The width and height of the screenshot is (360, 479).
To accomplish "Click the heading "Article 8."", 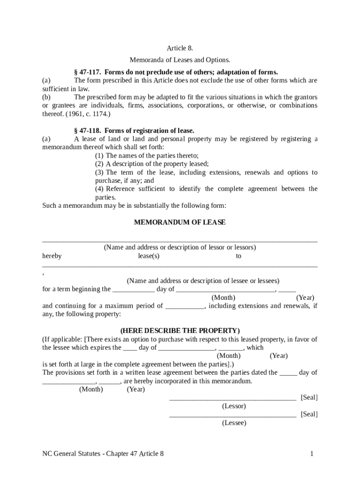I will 180,49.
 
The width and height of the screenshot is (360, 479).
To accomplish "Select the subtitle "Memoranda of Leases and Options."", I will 180,60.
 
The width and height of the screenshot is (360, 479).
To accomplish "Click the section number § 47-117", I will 87,72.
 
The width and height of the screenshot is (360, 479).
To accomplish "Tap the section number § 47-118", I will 87,131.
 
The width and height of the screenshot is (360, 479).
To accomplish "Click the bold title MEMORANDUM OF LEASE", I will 180,223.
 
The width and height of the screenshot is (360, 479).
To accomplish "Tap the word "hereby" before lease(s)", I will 52,256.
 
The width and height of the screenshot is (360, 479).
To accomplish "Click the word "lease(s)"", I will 149,256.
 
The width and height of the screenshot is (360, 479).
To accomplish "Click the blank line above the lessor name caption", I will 180,240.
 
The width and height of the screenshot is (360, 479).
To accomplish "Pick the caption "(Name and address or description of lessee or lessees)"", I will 203,281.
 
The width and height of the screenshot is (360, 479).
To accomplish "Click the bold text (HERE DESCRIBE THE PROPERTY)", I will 180,331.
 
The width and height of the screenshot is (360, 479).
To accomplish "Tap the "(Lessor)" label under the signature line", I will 234,406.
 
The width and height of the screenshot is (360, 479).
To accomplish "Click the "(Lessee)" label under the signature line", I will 234,423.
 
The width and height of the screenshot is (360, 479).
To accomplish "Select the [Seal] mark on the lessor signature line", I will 309,398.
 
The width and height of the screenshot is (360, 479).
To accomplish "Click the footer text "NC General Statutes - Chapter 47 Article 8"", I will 103,454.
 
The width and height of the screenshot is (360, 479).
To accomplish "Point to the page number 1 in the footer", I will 311,454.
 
